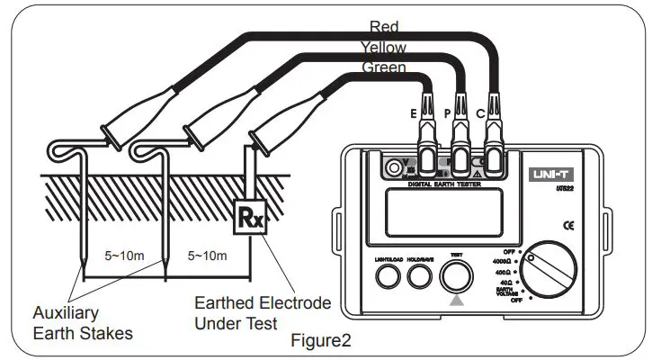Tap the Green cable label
384,67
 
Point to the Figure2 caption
321,341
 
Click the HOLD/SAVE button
416,279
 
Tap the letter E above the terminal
413,113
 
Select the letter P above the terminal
447,113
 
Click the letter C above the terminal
481,113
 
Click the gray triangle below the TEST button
457,302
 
